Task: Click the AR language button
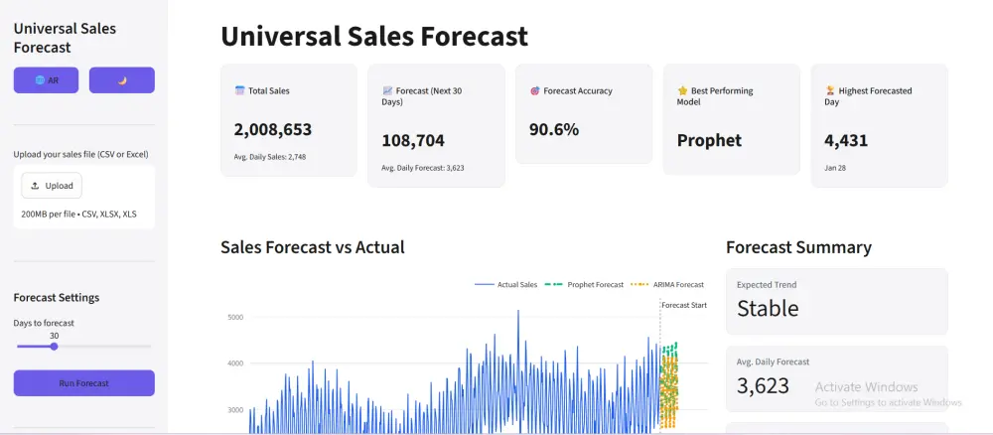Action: (47, 80)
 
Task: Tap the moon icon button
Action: (121, 80)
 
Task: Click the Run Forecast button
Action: (84, 383)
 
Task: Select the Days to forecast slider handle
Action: (54, 347)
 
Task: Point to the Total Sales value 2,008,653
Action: (273, 130)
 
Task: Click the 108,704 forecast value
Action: (413, 141)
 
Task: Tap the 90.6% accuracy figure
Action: (554, 130)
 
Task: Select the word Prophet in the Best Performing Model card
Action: (709, 141)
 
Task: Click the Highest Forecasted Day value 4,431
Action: (846, 141)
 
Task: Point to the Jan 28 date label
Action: (835, 168)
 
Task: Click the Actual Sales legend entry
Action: (506, 285)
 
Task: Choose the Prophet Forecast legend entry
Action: (585, 285)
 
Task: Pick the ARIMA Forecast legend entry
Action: (667, 285)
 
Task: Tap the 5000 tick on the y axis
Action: (235, 317)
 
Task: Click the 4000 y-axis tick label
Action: (235, 363)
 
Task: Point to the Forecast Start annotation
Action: (684, 305)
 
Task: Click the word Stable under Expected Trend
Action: (768, 308)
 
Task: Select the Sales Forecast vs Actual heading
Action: (312, 247)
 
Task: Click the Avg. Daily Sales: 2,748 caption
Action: (270, 157)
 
